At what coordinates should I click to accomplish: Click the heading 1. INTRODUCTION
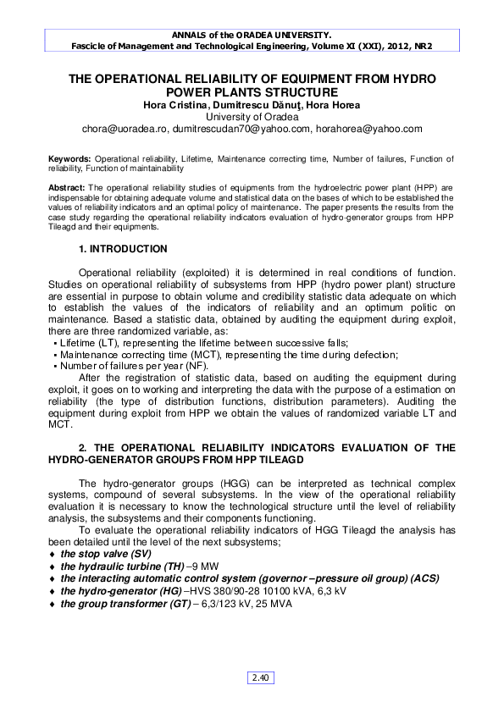click(x=123, y=249)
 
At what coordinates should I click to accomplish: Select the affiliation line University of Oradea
click(x=252, y=117)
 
